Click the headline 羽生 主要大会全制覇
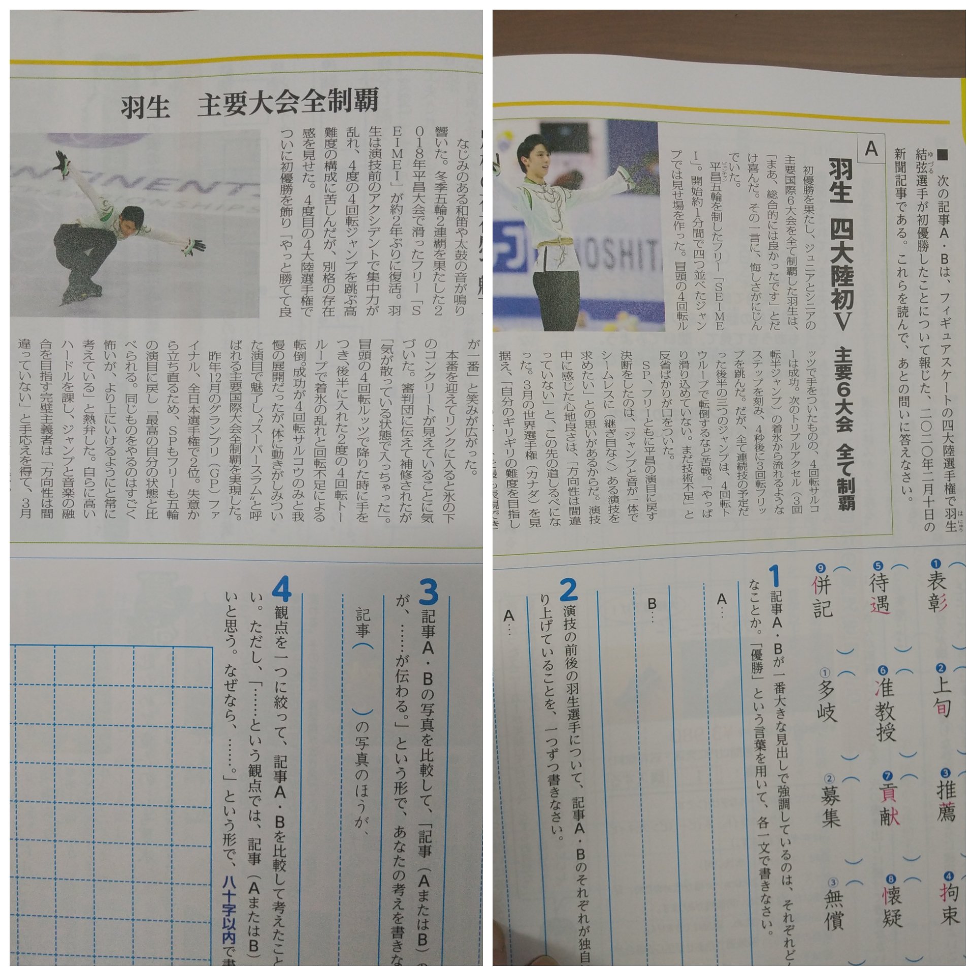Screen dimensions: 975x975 coord(249,104)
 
